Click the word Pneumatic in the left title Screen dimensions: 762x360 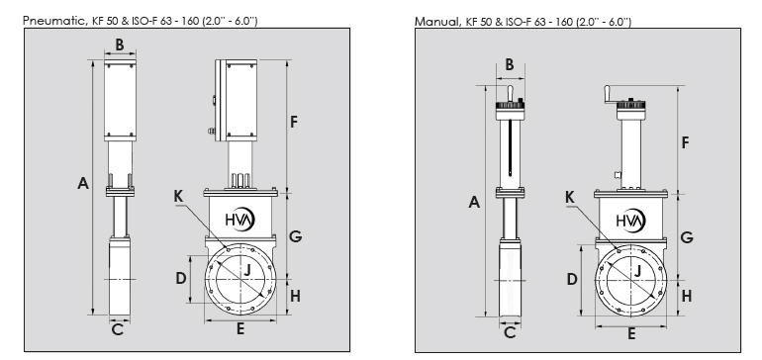click(x=54, y=21)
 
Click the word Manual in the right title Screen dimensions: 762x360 click(x=436, y=22)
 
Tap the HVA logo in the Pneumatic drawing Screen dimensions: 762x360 click(x=240, y=220)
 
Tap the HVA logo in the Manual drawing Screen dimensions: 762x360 click(x=630, y=221)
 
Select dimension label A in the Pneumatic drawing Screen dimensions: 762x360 click(x=83, y=184)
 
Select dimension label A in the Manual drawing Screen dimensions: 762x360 click(x=474, y=202)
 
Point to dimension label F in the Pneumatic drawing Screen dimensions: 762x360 click(x=293, y=122)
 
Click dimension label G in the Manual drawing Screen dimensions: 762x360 click(x=686, y=237)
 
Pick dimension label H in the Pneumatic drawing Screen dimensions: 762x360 click(x=295, y=295)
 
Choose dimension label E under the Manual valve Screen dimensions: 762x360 click(x=631, y=333)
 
